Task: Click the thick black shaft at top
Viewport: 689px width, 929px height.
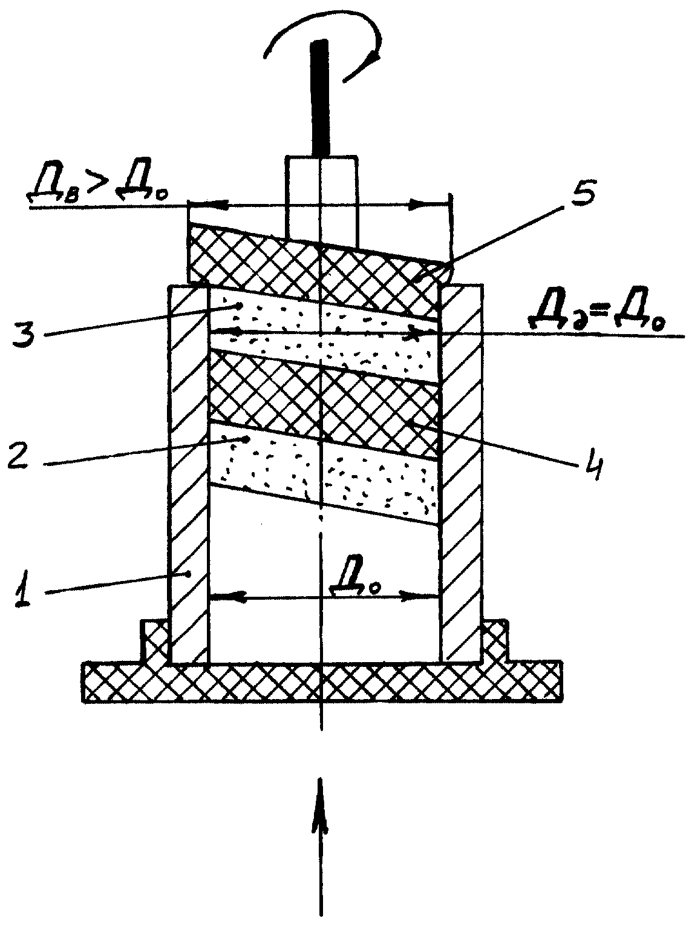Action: (321, 98)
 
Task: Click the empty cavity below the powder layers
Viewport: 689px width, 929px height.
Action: (324, 586)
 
